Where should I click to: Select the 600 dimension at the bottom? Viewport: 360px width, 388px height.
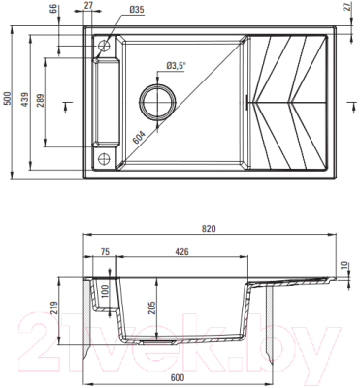tap(179, 378)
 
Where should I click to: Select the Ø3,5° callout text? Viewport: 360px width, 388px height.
tap(176, 65)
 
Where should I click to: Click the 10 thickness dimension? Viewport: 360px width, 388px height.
tap(344, 264)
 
